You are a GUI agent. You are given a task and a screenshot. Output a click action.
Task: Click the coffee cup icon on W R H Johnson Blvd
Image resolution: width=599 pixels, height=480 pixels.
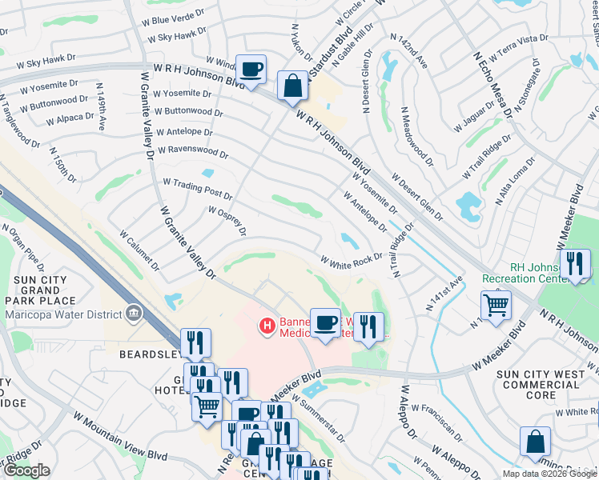click(251, 71)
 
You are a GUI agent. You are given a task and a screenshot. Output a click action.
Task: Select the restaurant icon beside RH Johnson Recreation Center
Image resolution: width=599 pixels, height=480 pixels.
click(574, 264)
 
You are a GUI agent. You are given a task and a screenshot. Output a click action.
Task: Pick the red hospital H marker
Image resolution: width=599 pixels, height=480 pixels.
click(266, 326)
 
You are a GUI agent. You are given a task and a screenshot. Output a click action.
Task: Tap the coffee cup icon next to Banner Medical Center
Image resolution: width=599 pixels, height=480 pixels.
click(325, 323)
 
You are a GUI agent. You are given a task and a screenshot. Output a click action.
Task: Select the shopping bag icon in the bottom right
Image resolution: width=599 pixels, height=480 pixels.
click(535, 442)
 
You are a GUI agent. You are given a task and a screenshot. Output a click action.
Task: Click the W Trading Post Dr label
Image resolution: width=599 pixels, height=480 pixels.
click(197, 190)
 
